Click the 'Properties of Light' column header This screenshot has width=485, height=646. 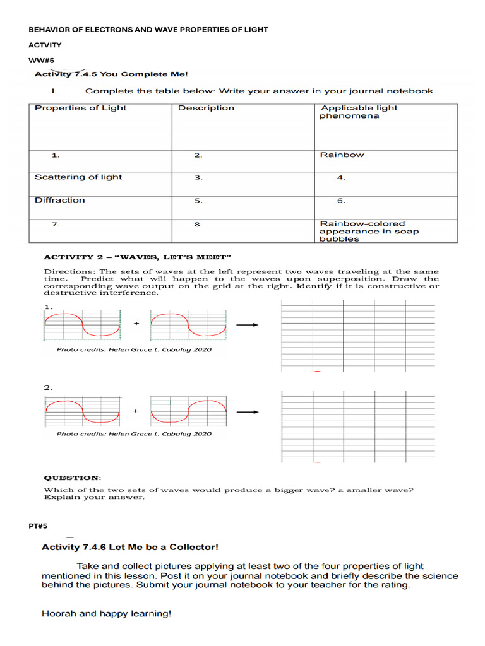click(80, 108)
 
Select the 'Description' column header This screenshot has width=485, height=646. click(206, 108)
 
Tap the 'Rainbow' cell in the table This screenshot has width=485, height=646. click(342, 155)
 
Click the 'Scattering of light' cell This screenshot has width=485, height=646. click(78, 177)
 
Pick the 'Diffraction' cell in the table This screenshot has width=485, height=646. click(59, 200)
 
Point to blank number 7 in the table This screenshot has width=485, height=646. click(56, 224)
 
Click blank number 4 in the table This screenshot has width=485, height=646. click(341, 178)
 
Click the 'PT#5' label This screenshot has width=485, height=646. click(38, 526)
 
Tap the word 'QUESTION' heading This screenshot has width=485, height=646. click(71, 478)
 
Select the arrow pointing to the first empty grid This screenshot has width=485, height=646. click(247, 325)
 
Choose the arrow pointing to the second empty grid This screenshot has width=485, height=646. click(247, 412)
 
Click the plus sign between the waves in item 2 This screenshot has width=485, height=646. click(136, 411)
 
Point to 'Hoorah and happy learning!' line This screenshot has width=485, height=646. click(106, 613)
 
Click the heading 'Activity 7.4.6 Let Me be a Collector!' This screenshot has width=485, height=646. click(130, 547)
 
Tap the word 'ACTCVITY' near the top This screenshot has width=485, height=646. click(45, 45)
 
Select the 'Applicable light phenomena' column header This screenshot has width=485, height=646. click(359, 112)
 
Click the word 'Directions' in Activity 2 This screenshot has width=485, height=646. click(68, 271)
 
